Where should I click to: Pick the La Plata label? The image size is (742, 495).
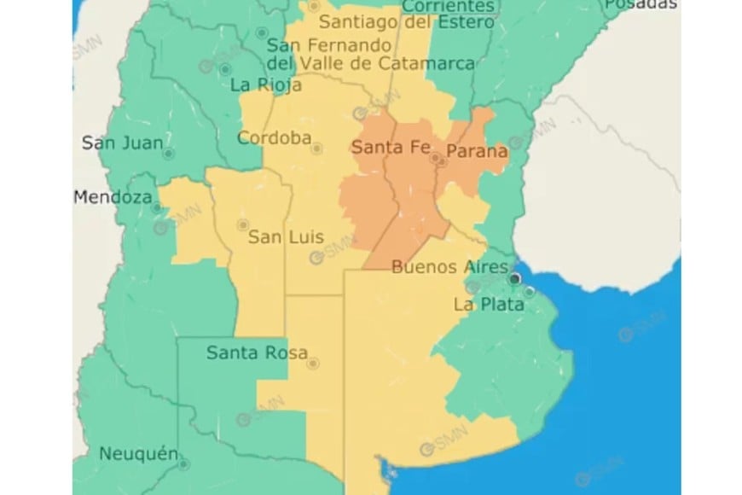point(489,304)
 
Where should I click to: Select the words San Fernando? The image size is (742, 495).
point(330,46)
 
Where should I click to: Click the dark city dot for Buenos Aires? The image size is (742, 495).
point(514,278)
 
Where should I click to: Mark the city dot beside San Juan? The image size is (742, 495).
point(168,154)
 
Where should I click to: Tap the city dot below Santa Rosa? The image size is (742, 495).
point(313,364)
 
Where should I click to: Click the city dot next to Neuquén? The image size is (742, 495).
point(183,464)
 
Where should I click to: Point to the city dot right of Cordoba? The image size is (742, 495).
point(317,148)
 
